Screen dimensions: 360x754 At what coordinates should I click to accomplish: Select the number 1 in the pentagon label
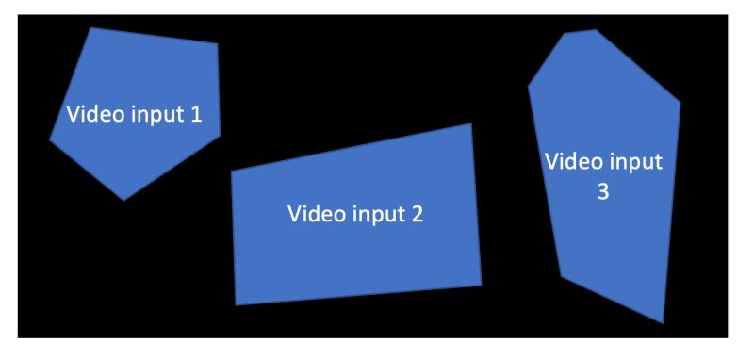click(196, 116)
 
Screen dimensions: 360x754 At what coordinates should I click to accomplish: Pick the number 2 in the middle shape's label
click(417, 213)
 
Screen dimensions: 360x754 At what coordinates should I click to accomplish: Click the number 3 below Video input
click(603, 190)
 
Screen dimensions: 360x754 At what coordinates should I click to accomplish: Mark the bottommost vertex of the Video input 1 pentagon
click(123, 200)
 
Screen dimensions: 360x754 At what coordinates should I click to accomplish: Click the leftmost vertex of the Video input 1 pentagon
click(50, 140)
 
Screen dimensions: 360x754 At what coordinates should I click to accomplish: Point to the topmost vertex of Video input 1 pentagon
click(91, 27)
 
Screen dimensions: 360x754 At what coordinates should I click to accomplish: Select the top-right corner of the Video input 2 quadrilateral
click(471, 123)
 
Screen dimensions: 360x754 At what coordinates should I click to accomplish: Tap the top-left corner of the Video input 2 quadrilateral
click(231, 171)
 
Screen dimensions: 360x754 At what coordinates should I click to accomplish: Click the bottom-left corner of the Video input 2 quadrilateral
click(235, 305)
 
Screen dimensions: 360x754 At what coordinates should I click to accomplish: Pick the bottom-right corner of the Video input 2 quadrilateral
click(482, 285)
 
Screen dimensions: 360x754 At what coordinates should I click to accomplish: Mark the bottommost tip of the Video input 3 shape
click(663, 323)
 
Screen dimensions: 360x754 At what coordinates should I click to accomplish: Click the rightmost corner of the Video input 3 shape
click(680, 101)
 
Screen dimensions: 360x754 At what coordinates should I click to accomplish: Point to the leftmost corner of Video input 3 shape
click(528, 87)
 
